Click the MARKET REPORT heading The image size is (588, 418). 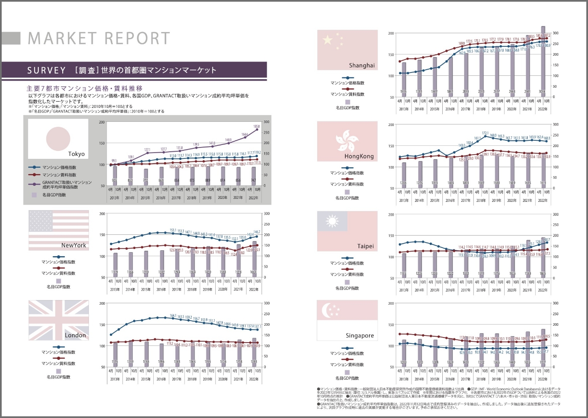[x=99, y=38]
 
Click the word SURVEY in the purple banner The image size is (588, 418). [x=47, y=70]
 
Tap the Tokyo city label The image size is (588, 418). [x=76, y=154]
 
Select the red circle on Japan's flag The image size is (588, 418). [x=58, y=139]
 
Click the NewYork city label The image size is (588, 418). [x=74, y=245]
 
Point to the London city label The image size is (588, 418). [x=75, y=335]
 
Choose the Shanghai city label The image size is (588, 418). [x=361, y=65]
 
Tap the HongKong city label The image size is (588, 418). [x=359, y=156]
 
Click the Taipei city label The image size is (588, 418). [x=365, y=246]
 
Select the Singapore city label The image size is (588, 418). [x=360, y=336]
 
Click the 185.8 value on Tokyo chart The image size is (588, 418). [x=257, y=126]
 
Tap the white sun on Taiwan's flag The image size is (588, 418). [x=332, y=221]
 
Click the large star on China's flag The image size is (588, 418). [x=328, y=40]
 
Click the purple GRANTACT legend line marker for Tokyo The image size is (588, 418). [x=35, y=184]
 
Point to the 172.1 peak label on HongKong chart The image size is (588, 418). [x=485, y=133]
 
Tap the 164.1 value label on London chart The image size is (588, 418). [x=173, y=316]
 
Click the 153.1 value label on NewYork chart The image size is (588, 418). [x=173, y=230]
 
